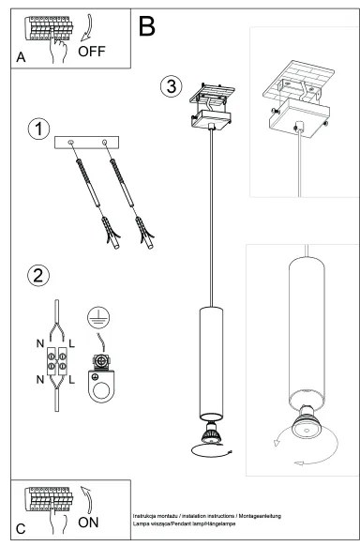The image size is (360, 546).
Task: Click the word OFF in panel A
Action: pyautogui.click(x=92, y=51)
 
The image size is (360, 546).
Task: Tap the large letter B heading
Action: pyautogui.click(x=147, y=26)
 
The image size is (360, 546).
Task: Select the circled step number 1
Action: pyautogui.click(x=37, y=130)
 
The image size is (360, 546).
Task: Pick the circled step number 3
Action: pyautogui.click(x=169, y=86)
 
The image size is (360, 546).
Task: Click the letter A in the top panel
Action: pyautogui.click(x=21, y=57)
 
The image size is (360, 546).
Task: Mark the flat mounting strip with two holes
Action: pyautogui.click(x=88, y=141)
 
